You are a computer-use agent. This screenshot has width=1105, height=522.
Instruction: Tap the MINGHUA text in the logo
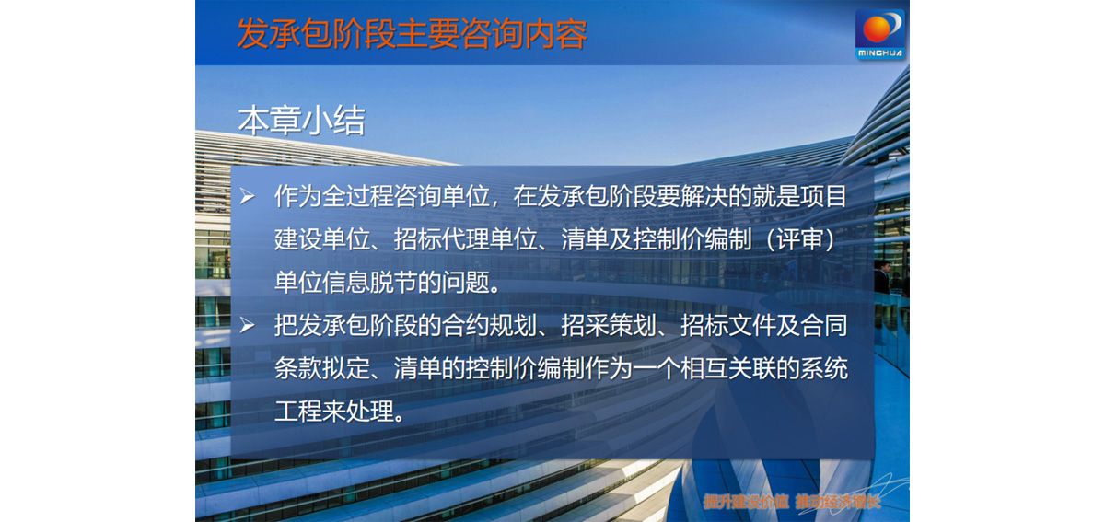click(880, 53)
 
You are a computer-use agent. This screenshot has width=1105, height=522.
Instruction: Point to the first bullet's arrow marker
click(247, 196)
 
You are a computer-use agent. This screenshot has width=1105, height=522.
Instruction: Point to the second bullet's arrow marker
click(247, 325)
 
